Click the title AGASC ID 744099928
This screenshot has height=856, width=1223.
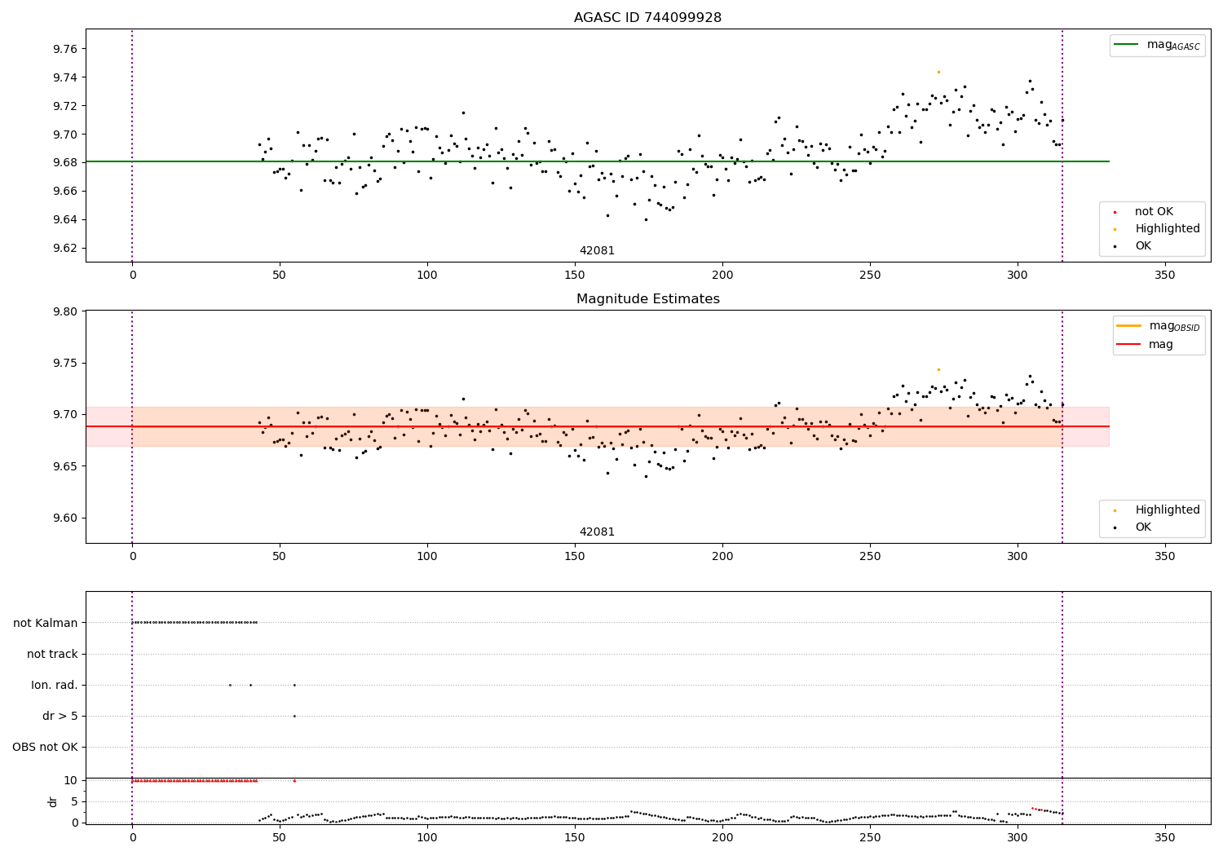647,18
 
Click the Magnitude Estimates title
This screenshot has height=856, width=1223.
647,299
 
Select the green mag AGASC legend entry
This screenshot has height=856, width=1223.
1157,45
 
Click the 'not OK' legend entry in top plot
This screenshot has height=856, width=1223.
1153,212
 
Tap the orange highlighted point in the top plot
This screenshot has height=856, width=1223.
938,72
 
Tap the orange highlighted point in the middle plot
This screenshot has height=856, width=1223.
938,369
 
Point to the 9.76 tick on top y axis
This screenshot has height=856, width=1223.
65,50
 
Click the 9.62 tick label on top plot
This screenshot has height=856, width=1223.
65,248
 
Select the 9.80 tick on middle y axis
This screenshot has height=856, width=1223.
65,311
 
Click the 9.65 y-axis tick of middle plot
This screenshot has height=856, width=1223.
65,466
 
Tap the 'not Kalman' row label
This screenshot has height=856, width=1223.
46,623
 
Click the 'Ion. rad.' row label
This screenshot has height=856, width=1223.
55,686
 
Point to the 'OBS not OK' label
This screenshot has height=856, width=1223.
46,748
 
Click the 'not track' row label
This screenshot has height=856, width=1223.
52,654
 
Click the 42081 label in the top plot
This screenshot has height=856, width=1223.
597,251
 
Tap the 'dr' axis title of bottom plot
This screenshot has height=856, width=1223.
53,801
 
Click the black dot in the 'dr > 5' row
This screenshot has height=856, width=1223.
294,716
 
